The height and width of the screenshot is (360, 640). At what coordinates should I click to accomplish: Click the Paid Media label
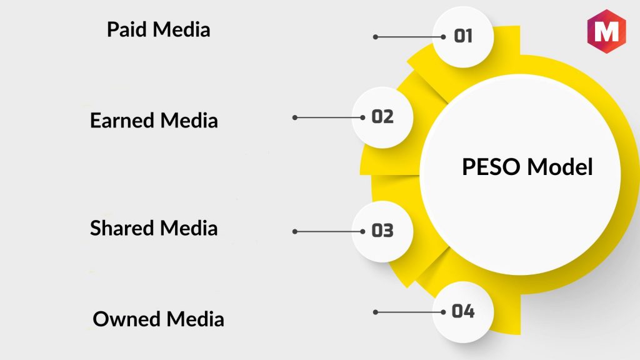pos(158,29)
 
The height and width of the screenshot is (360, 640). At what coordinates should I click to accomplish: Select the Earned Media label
pos(154,120)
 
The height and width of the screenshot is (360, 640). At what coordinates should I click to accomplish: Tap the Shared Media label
pos(154,228)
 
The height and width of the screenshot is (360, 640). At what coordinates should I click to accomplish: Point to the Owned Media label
pos(158,319)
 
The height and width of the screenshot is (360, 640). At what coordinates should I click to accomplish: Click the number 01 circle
pos(463,36)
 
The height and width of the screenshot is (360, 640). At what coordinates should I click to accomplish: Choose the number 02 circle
pos(382,117)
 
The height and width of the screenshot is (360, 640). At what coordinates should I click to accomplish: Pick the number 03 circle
pos(382,231)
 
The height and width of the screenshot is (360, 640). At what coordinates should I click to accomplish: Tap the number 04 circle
pos(463,311)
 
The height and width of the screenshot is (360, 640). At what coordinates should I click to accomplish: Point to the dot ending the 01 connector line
pos(376,37)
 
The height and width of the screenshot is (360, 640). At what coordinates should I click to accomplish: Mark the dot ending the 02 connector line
pos(295,117)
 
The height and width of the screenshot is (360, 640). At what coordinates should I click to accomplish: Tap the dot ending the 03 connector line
pos(295,231)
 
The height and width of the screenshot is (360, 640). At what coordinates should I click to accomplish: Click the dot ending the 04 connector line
pos(376,312)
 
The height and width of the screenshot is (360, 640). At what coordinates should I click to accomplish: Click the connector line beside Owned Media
pos(406,312)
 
